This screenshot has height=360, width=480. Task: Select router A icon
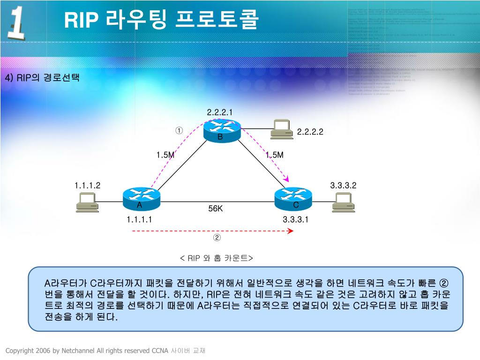pyautogui.click(x=141, y=198)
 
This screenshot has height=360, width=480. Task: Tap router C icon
pyautogui.click(x=293, y=198)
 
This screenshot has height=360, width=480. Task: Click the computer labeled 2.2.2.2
pyautogui.click(x=282, y=129)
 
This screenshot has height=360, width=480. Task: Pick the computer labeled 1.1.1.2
pyautogui.click(x=87, y=202)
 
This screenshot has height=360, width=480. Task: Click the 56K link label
pyautogui.click(x=216, y=209)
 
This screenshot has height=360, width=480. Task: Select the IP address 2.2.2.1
pyautogui.click(x=220, y=112)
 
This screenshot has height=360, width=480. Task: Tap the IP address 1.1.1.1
pyautogui.click(x=139, y=219)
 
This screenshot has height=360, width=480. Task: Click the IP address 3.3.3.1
pyautogui.click(x=295, y=219)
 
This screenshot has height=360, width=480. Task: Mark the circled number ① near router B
pyautogui.click(x=179, y=130)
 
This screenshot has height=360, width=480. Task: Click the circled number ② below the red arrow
pyautogui.click(x=217, y=238)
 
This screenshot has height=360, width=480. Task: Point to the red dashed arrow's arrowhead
pyautogui.click(x=291, y=231)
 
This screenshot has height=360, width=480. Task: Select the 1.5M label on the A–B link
pyautogui.click(x=165, y=155)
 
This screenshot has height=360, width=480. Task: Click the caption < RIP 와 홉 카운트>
pyautogui.click(x=216, y=258)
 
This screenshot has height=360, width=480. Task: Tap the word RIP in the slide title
pyautogui.click(x=81, y=20)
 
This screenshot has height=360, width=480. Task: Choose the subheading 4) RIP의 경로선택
pyautogui.click(x=42, y=77)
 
